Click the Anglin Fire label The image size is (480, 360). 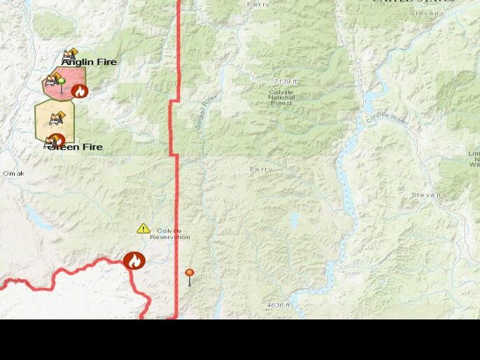pos(89,62)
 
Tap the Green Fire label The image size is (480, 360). pos(76,147)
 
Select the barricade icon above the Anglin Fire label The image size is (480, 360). pos(70,54)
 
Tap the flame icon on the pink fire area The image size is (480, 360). pos(80,91)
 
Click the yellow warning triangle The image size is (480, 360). pos(143,229)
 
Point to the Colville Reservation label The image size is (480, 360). pos(170,233)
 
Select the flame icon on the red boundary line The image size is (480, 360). pos(134,261)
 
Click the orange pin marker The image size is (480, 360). pos(190,275)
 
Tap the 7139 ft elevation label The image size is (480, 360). pos(285,82)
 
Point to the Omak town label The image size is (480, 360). pos(13,173)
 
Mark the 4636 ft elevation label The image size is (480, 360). pos(278,305)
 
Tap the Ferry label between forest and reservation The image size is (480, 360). pos(261,169)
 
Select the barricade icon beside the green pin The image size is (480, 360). pos(51,80)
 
